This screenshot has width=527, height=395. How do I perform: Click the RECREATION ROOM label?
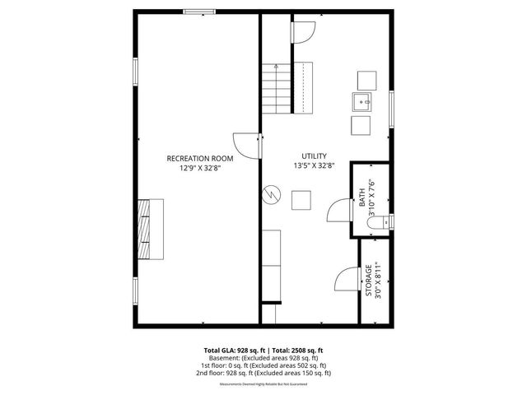(x=200, y=158)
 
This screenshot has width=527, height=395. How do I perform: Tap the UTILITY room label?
(x=315, y=156)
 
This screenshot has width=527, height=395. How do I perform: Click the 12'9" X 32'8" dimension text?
(x=200, y=168)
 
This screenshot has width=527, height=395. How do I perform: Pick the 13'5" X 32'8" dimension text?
(x=315, y=165)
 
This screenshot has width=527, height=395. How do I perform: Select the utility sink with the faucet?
(x=361, y=103)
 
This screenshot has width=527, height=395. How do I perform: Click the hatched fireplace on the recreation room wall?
(x=150, y=230)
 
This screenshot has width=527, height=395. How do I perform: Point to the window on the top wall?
(x=200, y=12)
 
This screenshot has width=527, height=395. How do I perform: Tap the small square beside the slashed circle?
(x=301, y=201)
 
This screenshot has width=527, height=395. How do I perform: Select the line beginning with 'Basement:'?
(x=263, y=358)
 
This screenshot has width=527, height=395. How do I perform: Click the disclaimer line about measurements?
(x=263, y=384)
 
